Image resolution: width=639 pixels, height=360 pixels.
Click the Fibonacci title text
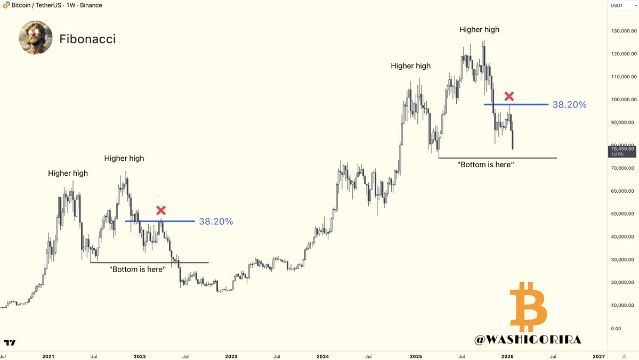(87, 39)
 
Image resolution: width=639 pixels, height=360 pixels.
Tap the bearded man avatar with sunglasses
(36, 38)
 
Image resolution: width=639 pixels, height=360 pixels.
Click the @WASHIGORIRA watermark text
(528, 339)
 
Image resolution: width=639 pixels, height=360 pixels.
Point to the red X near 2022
(160, 210)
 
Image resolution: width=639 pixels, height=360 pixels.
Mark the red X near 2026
(509, 96)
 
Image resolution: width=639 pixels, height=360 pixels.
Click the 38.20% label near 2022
(216, 222)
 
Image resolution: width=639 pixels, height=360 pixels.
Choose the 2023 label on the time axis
(231, 356)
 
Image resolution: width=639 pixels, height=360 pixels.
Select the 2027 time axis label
(598, 356)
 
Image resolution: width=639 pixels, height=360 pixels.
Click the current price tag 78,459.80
(621, 149)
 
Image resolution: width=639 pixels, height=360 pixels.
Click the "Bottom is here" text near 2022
(137, 270)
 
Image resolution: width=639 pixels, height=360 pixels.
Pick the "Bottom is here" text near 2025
(486, 165)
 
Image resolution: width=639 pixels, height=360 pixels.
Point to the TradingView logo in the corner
(10, 342)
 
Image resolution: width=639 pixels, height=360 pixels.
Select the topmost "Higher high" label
(479, 30)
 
